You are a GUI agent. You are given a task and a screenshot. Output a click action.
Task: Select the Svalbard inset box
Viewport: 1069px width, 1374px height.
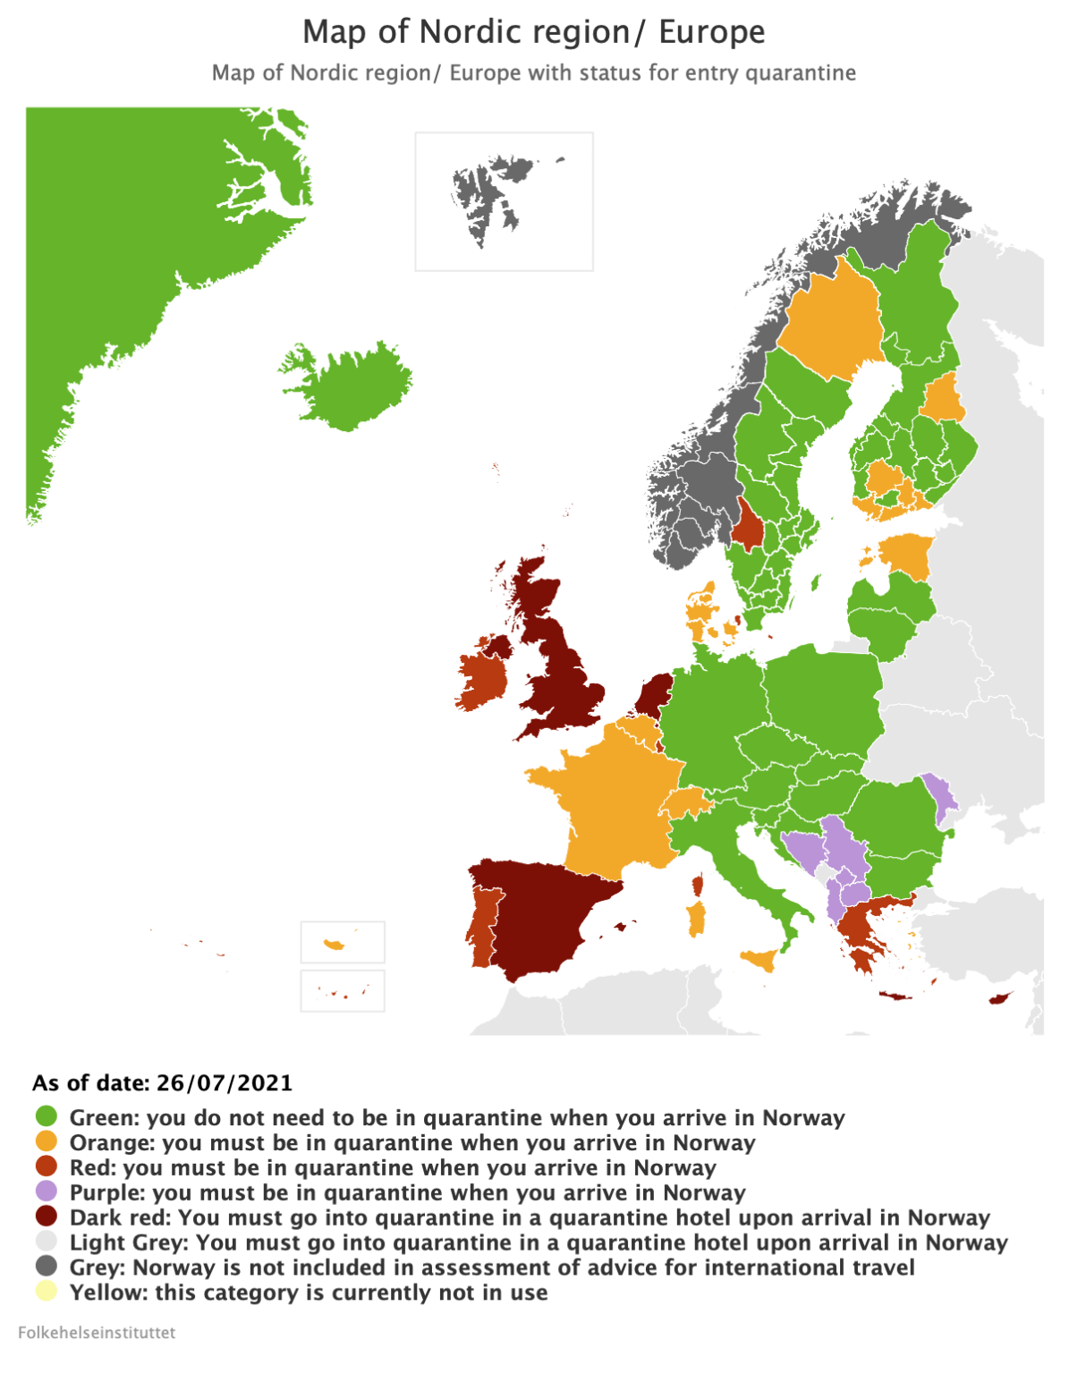point(504,201)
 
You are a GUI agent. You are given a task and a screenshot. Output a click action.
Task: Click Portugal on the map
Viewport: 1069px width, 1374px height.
point(481,930)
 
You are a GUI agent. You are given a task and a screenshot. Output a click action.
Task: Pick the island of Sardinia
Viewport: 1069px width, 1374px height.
point(696,919)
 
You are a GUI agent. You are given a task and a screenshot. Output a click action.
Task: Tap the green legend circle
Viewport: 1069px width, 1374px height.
point(46,1116)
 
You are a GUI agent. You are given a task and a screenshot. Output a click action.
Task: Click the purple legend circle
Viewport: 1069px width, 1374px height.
point(46,1192)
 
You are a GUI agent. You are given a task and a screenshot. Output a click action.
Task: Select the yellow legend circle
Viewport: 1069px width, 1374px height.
point(46,1292)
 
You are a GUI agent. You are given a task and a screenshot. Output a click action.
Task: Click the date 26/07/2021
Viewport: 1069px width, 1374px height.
point(225,1082)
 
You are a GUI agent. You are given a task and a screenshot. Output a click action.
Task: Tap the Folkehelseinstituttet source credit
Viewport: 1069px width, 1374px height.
point(97,1332)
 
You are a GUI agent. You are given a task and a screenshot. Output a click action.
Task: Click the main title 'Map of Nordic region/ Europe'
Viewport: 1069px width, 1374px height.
point(534,32)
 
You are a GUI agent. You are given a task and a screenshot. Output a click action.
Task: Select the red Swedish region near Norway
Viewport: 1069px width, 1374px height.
point(748,526)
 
